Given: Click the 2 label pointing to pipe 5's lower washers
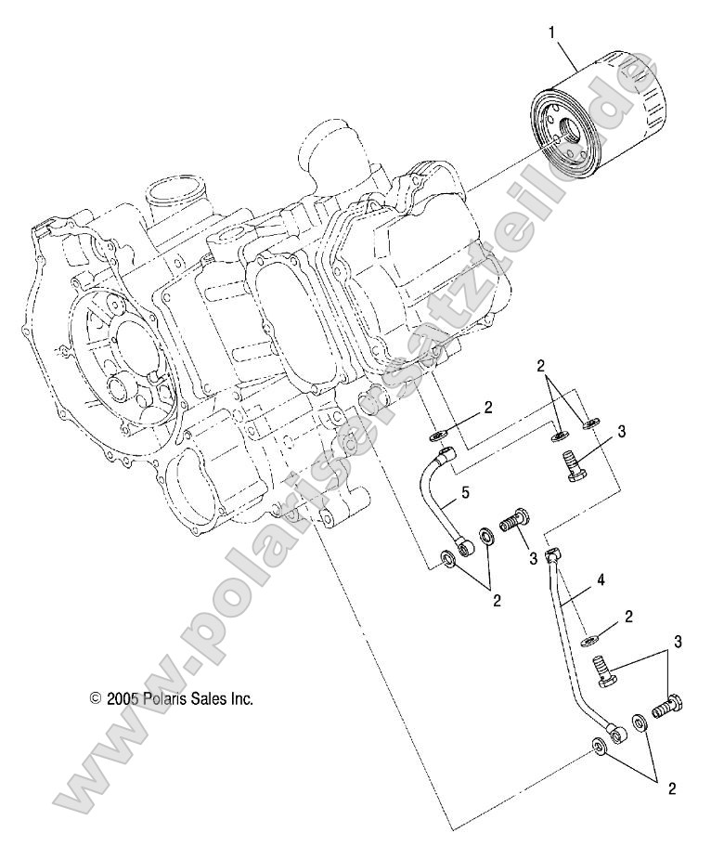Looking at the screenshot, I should click(x=497, y=601).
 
